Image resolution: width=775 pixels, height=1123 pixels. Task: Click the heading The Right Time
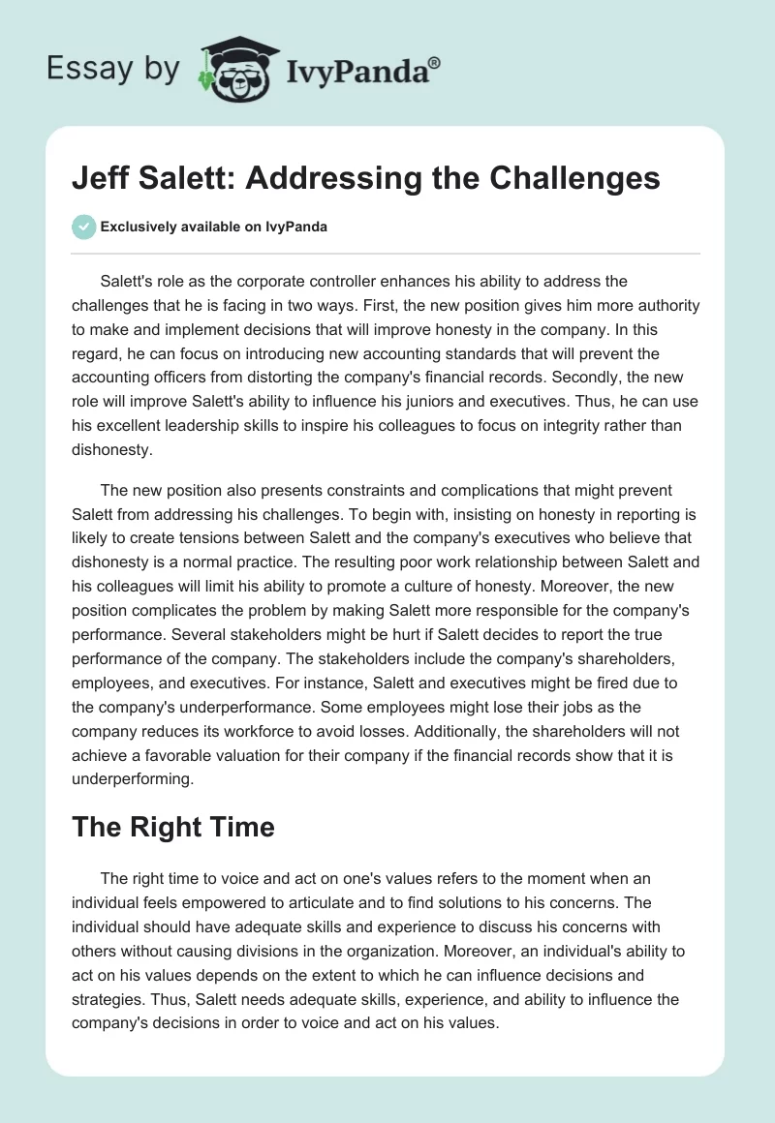tap(174, 826)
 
